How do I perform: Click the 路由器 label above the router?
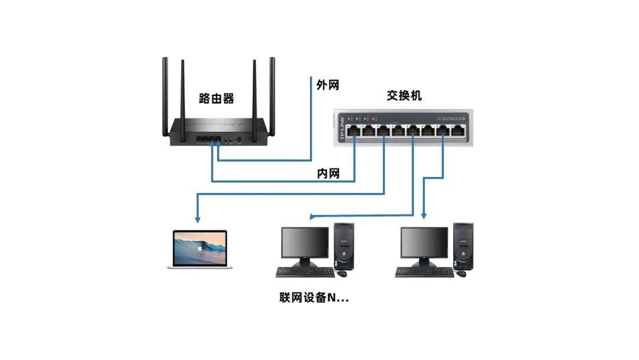point(217,99)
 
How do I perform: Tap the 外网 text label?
point(328,85)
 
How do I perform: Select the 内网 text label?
point(328,173)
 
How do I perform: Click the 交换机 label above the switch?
point(405,95)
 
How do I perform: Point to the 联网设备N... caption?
point(314,298)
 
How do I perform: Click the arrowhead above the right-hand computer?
point(424,217)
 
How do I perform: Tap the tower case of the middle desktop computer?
point(344,246)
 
